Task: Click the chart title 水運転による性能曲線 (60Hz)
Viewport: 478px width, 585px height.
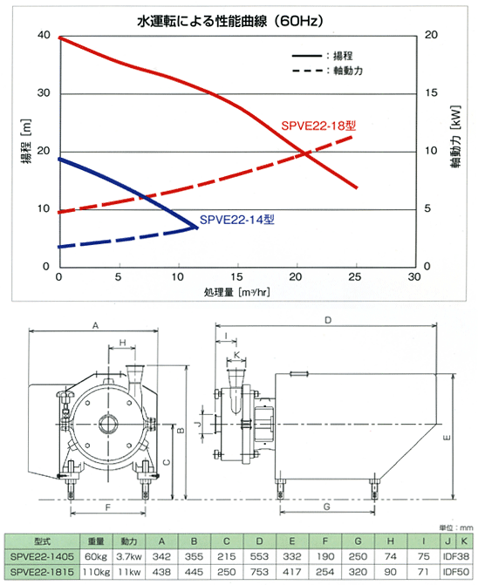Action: tap(230, 21)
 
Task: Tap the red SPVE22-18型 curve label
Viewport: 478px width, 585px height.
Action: tap(318, 126)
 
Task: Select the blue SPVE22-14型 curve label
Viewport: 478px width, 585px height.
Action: tap(237, 220)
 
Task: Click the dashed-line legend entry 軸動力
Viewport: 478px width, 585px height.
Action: tap(348, 71)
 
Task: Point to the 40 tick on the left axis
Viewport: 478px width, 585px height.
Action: tap(44, 35)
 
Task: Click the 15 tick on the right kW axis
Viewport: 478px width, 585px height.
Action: tap(431, 92)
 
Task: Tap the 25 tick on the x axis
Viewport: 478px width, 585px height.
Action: tap(355, 277)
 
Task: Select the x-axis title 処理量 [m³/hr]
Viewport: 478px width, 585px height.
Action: tap(236, 292)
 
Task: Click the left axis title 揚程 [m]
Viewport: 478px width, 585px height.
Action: tap(26, 142)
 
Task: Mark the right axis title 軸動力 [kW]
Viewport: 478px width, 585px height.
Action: tap(456, 137)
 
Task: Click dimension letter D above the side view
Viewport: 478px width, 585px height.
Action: tap(328, 320)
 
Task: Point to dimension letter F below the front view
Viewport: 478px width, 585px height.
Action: tap(108, 507)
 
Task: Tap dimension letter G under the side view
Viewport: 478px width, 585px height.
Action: tap(327, 507)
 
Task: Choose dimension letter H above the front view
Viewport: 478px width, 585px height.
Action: tap(122, 343)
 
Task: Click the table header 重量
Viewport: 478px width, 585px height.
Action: tap(96, 541)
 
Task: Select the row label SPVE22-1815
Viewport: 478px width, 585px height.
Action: tap(42, 572)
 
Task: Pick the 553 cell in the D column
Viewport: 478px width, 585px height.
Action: tap(259, 556)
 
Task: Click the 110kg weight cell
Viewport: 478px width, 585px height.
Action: tap(96, 572)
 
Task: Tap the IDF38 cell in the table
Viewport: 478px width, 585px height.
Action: tap(455, 556)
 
